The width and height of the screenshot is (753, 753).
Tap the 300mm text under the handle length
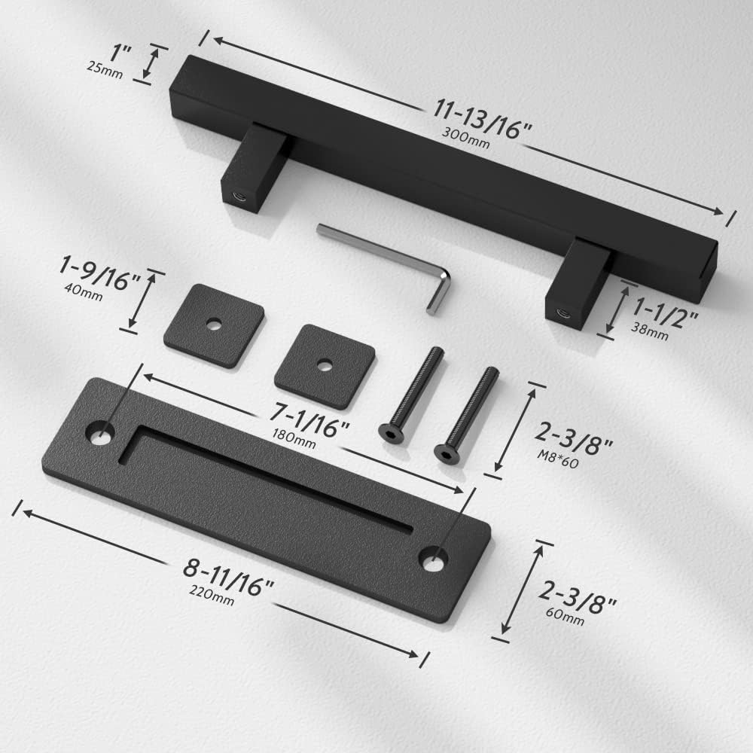tap(466, 138)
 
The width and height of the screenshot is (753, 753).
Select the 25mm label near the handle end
tap(105, 70)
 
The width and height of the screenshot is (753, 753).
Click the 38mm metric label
tap(649, 331)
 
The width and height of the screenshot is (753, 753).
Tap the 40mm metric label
tap(84, 291)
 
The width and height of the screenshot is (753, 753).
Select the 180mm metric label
tap(294, 439)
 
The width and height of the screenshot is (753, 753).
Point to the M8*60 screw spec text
tap(557, 459)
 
